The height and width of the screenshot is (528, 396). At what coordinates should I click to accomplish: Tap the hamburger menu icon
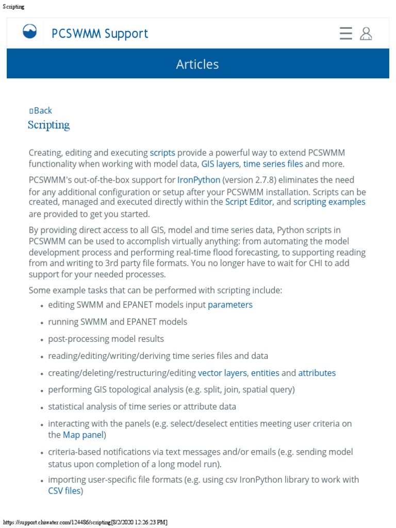click(346, 34)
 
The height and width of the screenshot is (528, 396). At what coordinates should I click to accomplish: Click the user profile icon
click(366, 34)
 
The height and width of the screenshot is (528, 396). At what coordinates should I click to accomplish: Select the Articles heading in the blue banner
click(197, 64)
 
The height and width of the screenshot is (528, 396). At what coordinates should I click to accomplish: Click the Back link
click(41, 110)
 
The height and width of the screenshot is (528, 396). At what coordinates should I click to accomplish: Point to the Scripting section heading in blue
click(48, 125)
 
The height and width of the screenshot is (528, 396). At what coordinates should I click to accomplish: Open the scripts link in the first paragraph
click(162, 153)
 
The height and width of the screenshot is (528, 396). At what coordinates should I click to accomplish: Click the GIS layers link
click(220, 164)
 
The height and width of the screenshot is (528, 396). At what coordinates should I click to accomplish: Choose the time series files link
click(273, 164)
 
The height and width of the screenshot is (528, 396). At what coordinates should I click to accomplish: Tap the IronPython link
click(199, 180)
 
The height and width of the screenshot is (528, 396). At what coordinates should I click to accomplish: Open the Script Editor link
click(249, 202)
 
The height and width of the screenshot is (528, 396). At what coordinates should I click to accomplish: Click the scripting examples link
click(329, 202)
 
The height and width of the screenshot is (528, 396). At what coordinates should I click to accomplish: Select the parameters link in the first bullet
click(230, 305)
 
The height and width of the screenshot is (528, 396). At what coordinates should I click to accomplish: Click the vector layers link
click(223, 373)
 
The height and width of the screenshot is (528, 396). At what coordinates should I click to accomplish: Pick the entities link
click(265, 373)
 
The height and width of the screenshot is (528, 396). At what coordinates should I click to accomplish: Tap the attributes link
click(317, 373)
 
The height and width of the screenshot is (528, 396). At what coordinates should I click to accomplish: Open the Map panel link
click(84, 435)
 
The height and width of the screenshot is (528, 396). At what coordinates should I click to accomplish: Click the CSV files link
click(64, 491)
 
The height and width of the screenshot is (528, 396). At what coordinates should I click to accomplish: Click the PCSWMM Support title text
click(100, 34)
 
